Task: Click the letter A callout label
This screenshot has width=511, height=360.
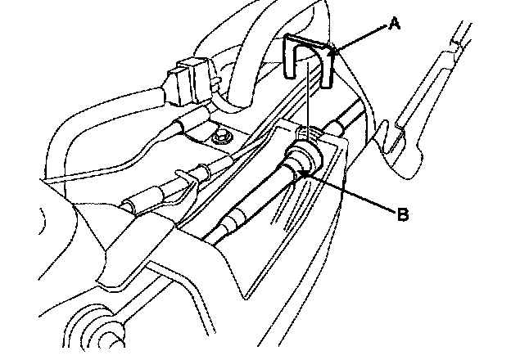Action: (395, 25)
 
